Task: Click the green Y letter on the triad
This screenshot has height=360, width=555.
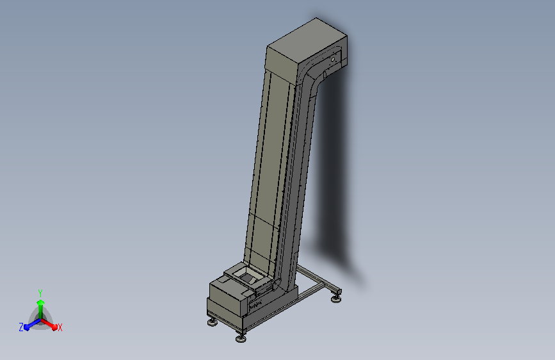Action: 40,291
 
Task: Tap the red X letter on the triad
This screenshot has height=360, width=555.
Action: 60,327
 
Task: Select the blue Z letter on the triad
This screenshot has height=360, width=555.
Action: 21,327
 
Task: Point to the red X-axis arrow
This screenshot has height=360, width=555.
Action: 51,323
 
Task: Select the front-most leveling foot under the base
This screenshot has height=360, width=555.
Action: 241,337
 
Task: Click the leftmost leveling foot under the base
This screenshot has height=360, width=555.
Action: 212,322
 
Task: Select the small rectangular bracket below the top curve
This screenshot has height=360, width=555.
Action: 325,75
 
